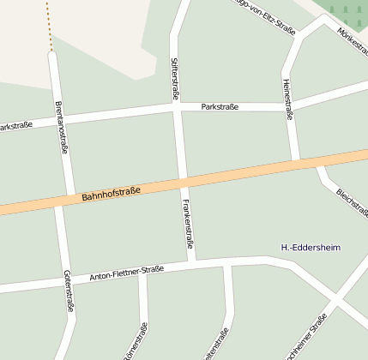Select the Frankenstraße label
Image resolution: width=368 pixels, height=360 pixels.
click(x=188, y=224)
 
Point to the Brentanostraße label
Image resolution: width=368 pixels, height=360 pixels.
click(x=61, y=127)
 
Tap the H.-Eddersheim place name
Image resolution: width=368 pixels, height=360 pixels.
click(x=311, y=248)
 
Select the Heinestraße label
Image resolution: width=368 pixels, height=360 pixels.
click(x=287, y=99)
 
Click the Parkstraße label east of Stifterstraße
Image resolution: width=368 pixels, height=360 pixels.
click(x=220, y=107)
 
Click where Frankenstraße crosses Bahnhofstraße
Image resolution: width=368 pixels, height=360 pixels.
click(x=184, y=181)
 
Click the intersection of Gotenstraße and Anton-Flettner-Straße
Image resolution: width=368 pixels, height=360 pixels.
click(x=63, y=282)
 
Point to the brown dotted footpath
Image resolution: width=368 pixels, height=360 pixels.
click(x=49, y=26)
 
